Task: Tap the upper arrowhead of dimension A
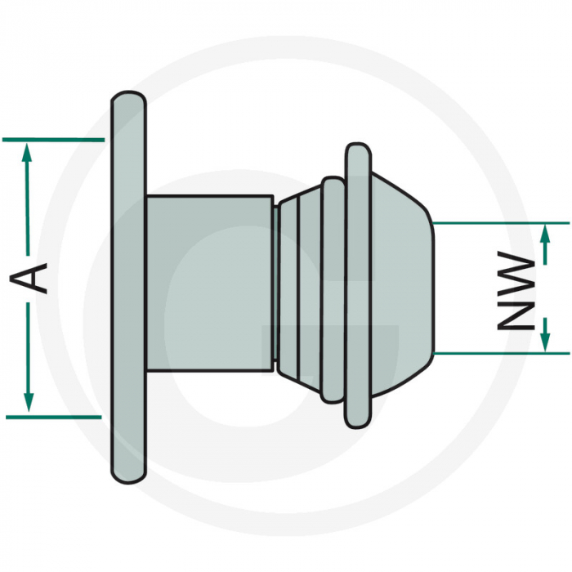(x=29, y=151)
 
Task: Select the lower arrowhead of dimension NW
(x=546, y=340)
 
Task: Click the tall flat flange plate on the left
(x=128, y=286)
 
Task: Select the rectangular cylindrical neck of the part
(x=208, y=282)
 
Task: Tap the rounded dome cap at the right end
(x=400, y=286)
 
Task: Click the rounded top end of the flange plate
(x=128, y=100)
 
